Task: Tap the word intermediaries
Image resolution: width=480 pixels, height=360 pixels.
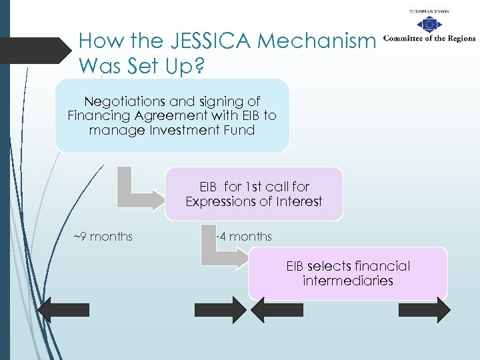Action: click(x=347, y=281)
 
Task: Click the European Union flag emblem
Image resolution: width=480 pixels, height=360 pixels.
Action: click(x=428, y=25)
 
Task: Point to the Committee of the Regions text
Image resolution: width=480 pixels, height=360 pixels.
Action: click(x=429, y=38)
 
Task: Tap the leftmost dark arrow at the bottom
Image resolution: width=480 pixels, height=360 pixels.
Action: click(x=63, y=309)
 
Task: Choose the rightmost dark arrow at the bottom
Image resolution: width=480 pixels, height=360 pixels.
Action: click(x=425, y=309)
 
